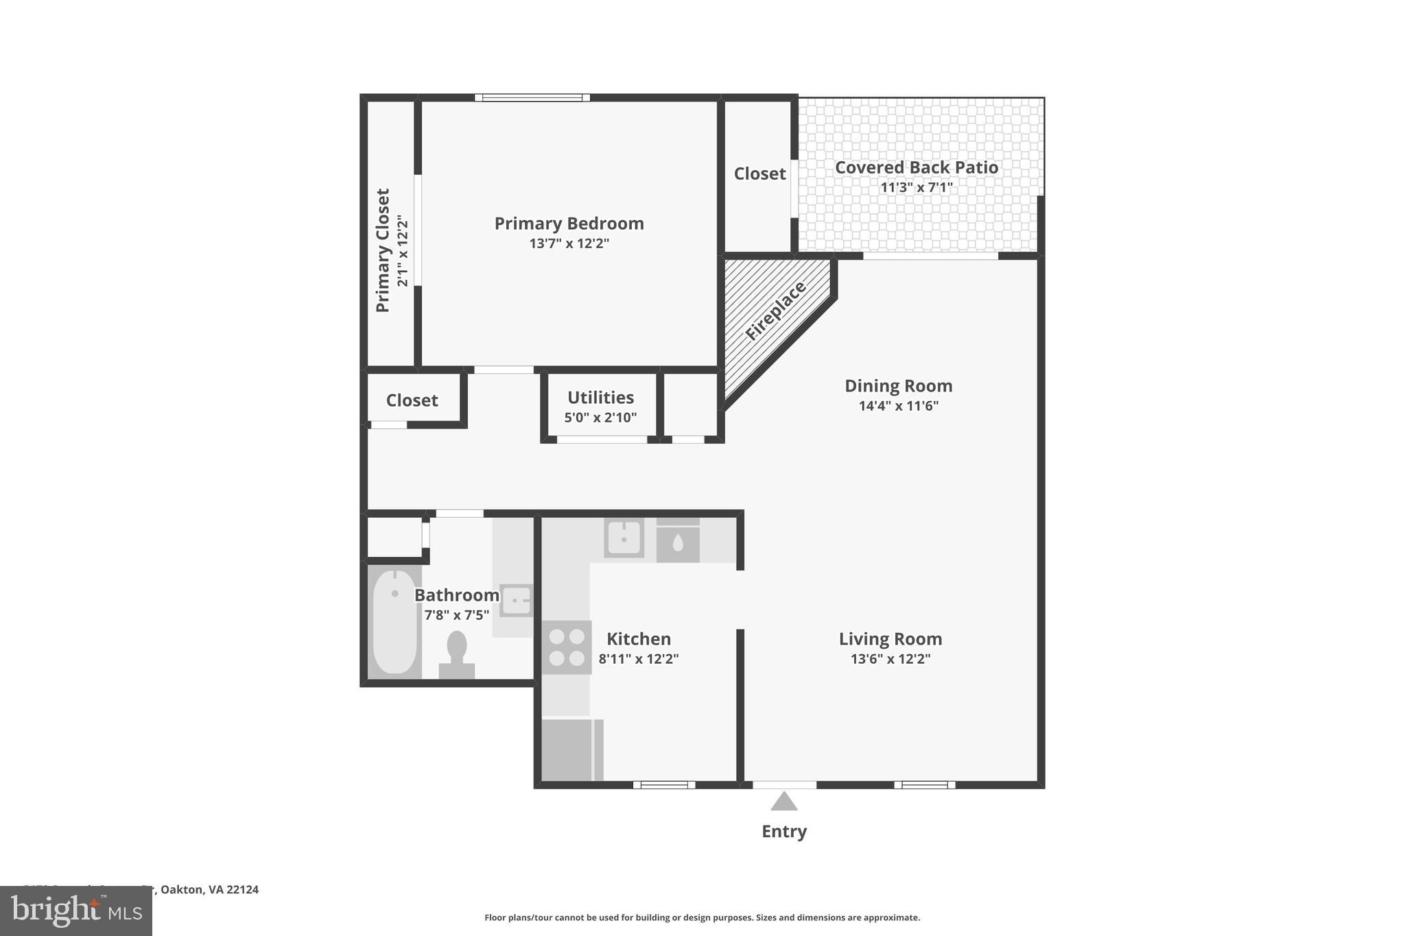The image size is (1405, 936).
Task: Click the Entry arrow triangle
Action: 783,802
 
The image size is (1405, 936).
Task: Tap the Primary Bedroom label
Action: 569,224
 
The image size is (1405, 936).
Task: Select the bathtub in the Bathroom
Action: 394,621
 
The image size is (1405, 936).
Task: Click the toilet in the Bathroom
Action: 457,653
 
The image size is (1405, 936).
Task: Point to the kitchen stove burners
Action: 567,647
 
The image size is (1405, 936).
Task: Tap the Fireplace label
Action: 776,311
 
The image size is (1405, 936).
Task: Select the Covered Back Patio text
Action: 916,167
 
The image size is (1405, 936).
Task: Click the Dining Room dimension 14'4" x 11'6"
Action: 898,405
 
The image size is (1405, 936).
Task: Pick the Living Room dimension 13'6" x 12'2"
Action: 890,659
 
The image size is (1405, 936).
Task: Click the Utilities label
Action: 600,398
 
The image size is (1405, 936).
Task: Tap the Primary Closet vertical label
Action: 383,250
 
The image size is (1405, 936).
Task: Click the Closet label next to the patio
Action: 759,174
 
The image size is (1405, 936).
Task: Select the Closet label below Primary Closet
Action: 412,400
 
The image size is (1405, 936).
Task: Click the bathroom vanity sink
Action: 516,601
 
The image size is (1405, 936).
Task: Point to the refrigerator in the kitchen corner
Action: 567,749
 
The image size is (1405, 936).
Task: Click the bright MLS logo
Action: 75,911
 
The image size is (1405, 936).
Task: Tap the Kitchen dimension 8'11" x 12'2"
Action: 638,659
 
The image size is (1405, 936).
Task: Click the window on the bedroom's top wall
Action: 532,97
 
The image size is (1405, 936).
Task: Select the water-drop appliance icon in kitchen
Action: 678,543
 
